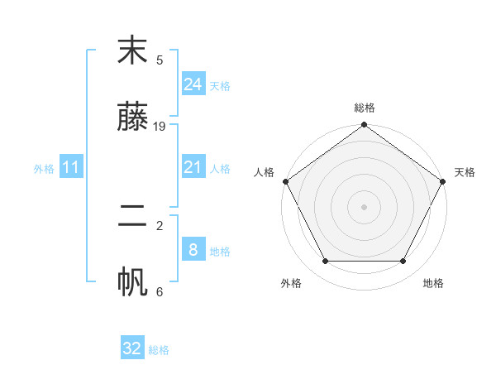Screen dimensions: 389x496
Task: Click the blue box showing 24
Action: point(193,84)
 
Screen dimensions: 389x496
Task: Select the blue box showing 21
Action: point(193,168)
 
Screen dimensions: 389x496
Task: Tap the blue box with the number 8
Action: point(193,250)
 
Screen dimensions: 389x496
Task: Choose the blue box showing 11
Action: point(70,168)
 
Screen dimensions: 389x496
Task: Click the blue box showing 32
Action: point(132,348)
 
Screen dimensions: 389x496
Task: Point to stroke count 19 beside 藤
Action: point(160,126)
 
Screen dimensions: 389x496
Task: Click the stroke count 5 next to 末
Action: point(160,60)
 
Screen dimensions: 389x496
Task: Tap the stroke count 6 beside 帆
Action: point(160,291)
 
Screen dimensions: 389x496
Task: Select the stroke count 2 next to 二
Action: point(160,224)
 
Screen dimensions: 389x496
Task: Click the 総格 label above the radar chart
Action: point(365,108)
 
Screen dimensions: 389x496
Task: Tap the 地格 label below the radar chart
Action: point(433,283)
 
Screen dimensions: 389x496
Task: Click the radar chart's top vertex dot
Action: point(365,126)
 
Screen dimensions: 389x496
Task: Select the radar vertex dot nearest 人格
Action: point(286,181)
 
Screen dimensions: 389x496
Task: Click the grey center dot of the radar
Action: point(365,206)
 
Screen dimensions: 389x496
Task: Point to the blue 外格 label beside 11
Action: point(44,169)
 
